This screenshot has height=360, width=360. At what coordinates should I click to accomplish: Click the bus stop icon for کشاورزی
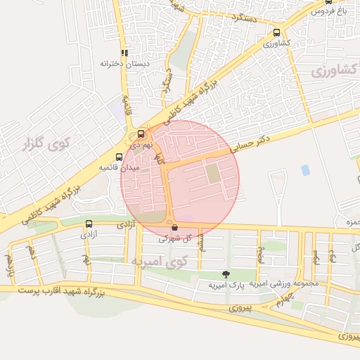point(276,32)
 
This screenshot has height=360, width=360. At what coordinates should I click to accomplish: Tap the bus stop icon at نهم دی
point(141,134)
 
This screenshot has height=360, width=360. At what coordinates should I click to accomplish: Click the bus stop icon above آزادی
point(89,224)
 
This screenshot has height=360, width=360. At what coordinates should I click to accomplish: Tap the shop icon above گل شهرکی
point(174,226)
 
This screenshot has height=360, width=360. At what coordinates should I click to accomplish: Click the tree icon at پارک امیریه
point(225,274)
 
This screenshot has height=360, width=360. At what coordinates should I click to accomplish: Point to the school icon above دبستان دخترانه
point(124,52)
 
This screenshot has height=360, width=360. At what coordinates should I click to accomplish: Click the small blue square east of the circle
point(305,170)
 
